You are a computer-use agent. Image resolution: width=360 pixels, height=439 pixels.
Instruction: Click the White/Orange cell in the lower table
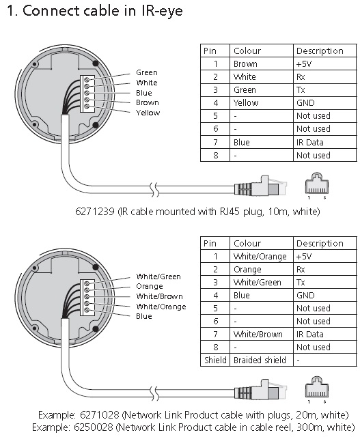click(x=261, y=257)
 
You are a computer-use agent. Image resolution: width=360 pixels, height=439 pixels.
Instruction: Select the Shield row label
click(x=215, y=360)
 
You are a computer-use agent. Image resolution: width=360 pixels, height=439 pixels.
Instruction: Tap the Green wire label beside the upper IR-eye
click(x=146, y=72)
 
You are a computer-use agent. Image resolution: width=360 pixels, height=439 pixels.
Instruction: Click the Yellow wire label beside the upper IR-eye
click(x=148, y=113)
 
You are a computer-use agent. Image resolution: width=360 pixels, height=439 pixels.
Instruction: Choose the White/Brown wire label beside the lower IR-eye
click(x=159, y=296)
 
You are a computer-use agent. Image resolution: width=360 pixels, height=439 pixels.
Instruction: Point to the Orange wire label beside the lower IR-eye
click(x=150, y=287)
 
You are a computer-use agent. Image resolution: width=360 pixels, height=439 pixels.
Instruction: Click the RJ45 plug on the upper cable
click(x=261, y=186)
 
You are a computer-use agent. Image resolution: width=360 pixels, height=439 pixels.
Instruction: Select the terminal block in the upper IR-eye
click(x=87, y=94)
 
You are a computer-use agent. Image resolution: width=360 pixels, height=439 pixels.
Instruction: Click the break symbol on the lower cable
click(x=154, y=394)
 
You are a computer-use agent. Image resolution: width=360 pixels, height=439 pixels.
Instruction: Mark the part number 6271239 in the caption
click(x=95, y=212)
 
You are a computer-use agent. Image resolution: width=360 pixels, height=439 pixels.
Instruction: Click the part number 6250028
click(x=94, y=427)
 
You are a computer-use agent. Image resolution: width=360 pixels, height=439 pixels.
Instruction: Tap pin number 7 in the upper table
click(x=215, y=142)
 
